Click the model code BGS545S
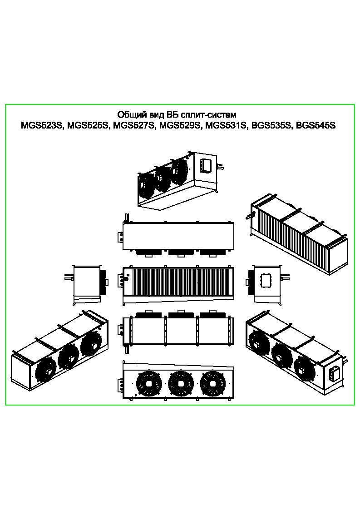click(315, 125)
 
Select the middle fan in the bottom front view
click(180, 383)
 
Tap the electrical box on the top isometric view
click(206, 166)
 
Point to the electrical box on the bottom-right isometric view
click(334, 374)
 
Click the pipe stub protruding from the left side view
click(69, 278)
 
